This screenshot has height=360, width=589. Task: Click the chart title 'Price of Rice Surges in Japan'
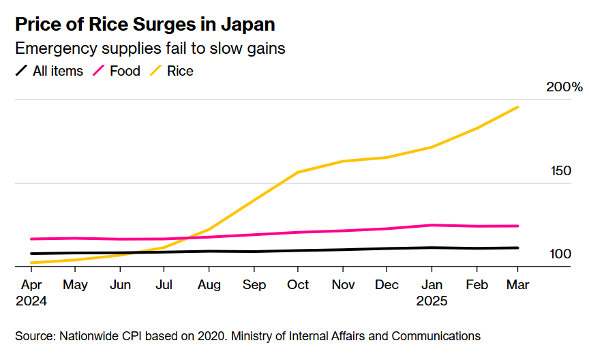click(145, 25)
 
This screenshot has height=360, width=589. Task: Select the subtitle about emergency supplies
click(149, 48)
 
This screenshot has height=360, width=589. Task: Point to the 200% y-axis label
click(564, 87)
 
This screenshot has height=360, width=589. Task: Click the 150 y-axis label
click(560, 170)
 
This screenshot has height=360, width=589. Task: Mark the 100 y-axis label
click(560, 254)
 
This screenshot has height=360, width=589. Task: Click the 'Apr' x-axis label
click(31, 284)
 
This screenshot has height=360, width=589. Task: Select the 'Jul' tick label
click(164, 284)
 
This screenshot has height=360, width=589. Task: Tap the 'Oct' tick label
click(298, 284)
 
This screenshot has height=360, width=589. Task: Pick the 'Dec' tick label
click(387, 284)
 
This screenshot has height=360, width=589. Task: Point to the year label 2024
click(31, 300)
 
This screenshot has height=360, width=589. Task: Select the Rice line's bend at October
click(298, 172)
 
